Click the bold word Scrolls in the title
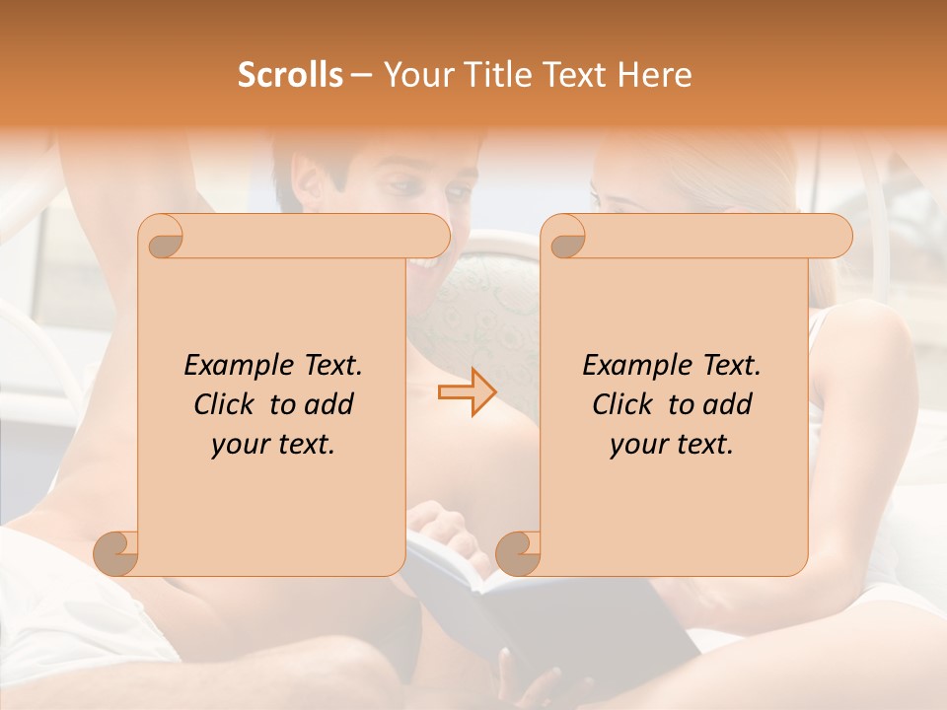(x=290, y=75)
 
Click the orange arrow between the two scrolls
(x=468, y=391)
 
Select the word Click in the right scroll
(x=622, y=404)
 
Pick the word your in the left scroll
(x=237, y=445)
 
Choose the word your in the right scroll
(x=635, y=445)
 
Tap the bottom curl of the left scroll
(x=115, y=552)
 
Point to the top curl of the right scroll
(x=564, y=237)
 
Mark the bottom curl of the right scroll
(x=517, y=552)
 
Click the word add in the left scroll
(x=329, y=404)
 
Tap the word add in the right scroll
(x=728, y=404)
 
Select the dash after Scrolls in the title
(x=361, y=76)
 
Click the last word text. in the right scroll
(x=701, y=445)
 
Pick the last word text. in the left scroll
(x=303, y=445)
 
